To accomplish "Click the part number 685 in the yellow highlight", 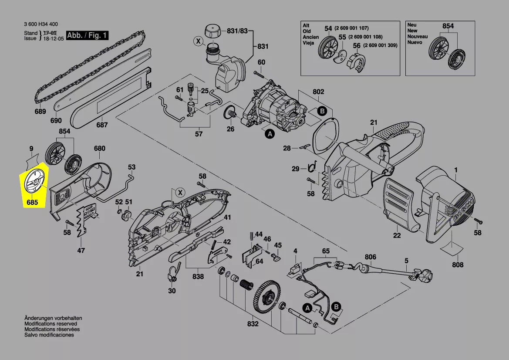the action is tap(32, 202).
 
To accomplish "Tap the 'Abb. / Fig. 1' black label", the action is tap(87, 35).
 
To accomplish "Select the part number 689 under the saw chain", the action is tap(40, 112).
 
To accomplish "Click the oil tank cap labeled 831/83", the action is tap(212, 31).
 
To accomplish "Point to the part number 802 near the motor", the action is tap(318, 92).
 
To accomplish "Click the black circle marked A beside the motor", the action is tap(270, 133).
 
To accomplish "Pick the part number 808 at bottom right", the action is tap(458, 265).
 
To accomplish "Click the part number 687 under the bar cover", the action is tap(102, 125).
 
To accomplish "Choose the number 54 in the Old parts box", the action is tap(328, 29).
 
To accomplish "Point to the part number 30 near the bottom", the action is tap(172, 291).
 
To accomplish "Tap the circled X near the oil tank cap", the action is tap(198, 41).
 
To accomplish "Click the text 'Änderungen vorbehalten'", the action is tap(53, 318).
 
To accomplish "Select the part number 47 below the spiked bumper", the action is tap(81, 250).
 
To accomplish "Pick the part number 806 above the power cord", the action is tap(370, 257).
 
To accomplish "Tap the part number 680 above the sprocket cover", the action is tap(99, 149).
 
